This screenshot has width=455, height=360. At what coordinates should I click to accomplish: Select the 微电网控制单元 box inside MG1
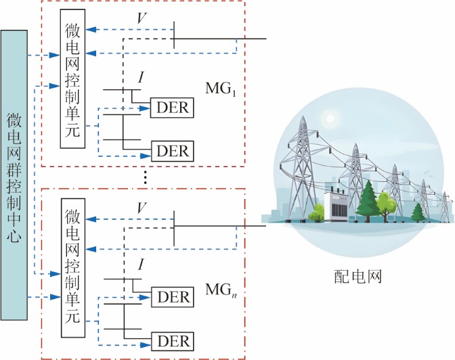(73, 82)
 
